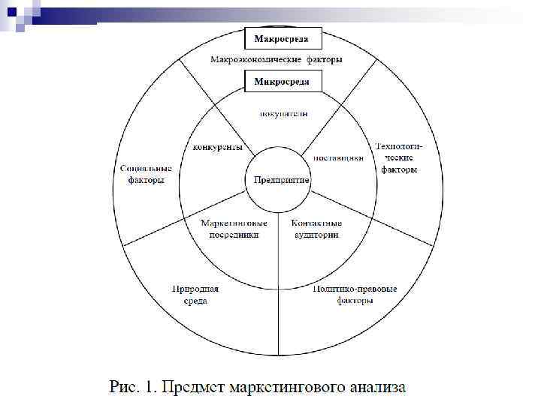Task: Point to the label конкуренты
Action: pos(218,148)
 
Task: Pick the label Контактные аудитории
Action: pos(316,229)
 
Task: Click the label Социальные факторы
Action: pos(146,174)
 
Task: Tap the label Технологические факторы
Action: pos(399,157)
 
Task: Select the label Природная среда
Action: pos(195,294)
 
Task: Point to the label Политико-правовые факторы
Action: pos(355,294)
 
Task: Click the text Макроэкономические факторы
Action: pos(277,59)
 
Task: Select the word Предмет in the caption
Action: pos(194,388)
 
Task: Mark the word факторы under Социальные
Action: pos(146,180)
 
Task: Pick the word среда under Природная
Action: pos(195,301)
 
